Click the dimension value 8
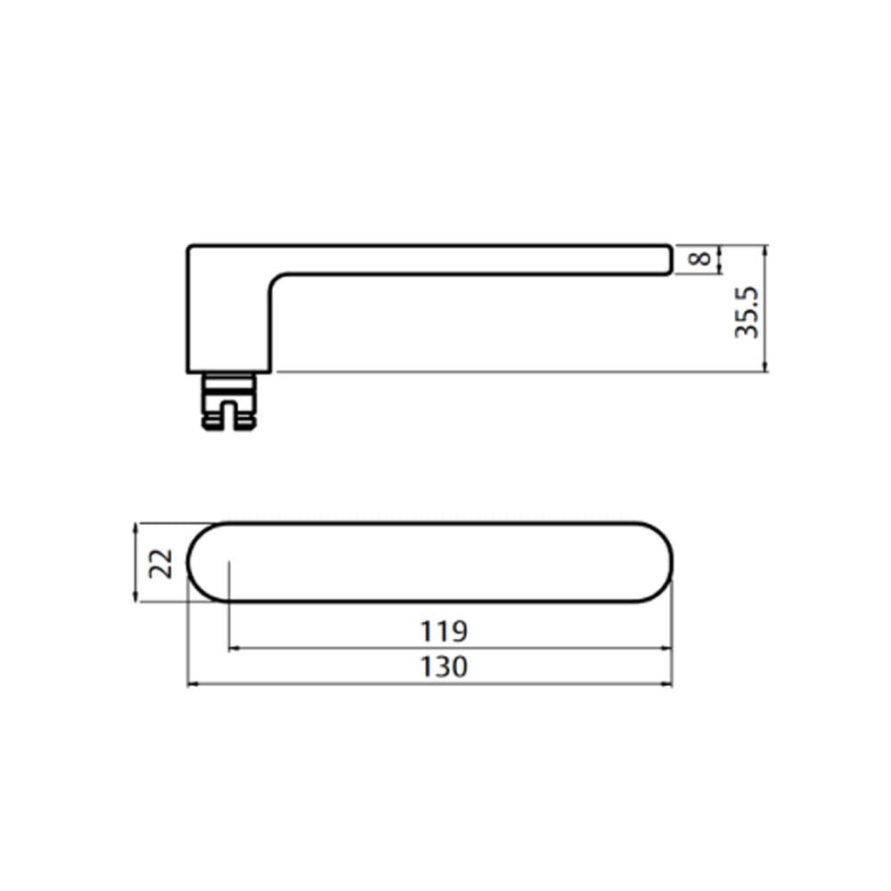point(699,258)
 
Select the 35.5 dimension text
point(746,313)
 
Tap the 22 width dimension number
point(160,563)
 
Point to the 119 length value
point(443,632)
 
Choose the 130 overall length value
point(443,667)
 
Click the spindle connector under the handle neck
point(229,401)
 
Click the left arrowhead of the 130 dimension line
point(192,684)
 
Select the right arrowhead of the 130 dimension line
point(666,684)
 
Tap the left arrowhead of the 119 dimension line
point(234,649)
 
